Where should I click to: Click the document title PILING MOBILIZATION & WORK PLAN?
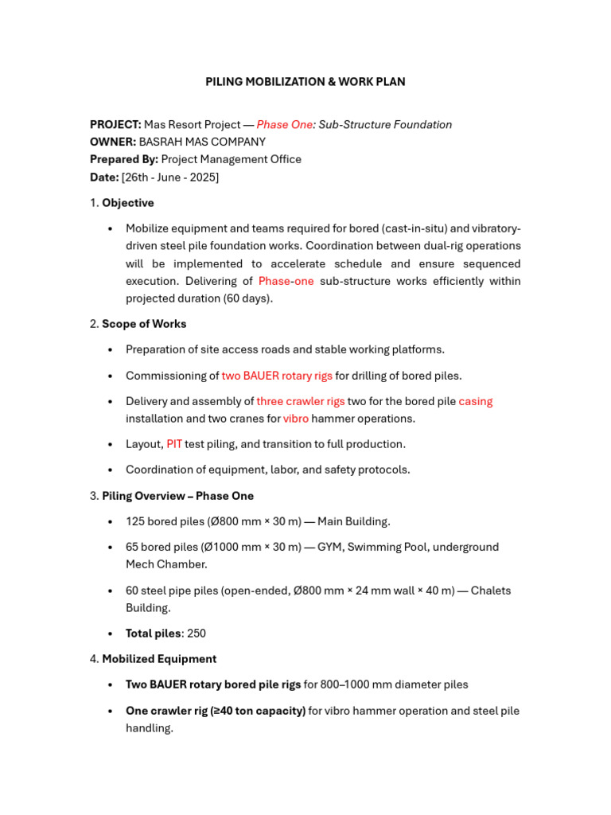(x=305, y=82)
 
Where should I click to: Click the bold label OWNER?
(x=113, y=142)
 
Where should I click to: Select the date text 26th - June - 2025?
(x=170, y=177)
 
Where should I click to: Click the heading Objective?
(x=127, y=203)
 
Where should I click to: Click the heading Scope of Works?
(x=144, y=324)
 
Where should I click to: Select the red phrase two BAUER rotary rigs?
(x=277, y=376)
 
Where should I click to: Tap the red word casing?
(x=476, y=401)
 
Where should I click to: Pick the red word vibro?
(x=296, y=419)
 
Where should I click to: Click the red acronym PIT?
(x=174, y=444)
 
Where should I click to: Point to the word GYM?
(x=331, y=547)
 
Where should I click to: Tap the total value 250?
(x=197, y=634)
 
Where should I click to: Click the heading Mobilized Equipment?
(x=159, y=659)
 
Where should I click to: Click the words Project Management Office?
(x=232, y=159)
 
